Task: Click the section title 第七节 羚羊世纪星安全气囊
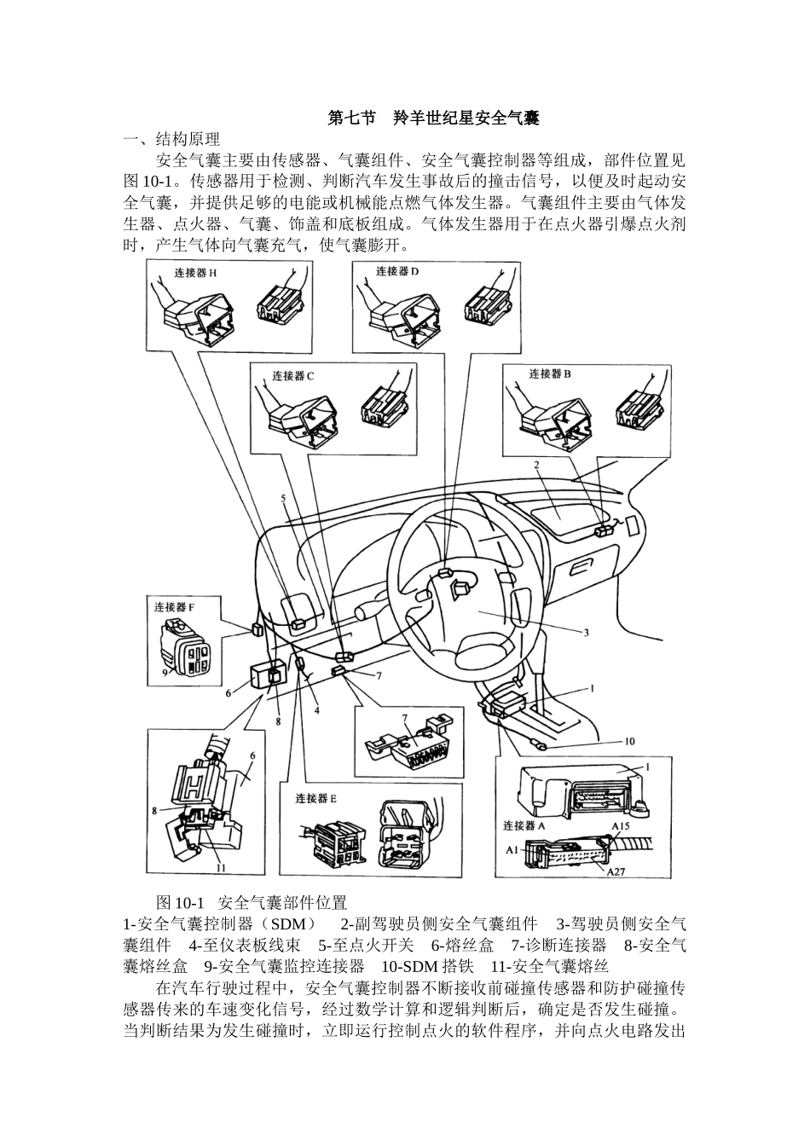click(x=433, y=119)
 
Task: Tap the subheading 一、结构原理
click(x=171, y=139)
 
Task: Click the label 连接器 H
click(x=195, y=273)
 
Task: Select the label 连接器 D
click(x=397, y=270)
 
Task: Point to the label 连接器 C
click(x=293, y=374)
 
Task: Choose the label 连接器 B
click(x=550, y=373)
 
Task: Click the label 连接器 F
click(x=174, y=608)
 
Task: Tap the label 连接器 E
click(x=315, y=799)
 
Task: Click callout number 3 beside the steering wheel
click(x=587, y=633)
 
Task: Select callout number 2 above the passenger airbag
click(x=537, y=466)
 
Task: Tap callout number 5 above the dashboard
click(x=282, y=498)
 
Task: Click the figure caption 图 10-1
click(x=182, y=902)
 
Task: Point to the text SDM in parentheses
click(x=292, y=923)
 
